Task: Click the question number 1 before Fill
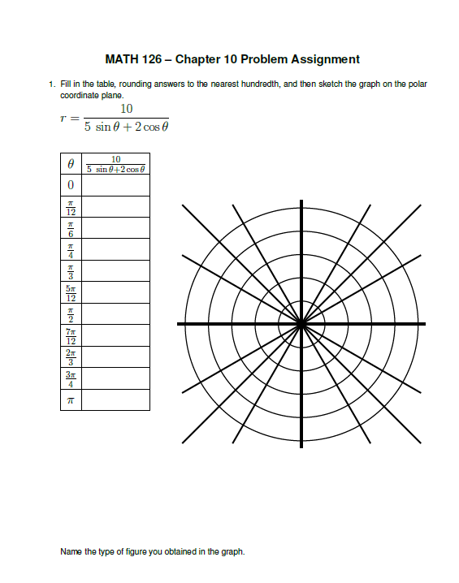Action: [x=51, y=84]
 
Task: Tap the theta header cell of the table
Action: [x=71, y=164]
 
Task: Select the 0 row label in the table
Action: [x=71, y=186]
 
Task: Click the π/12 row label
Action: [x=71, y=207]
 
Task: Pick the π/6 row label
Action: [x=71, y=228]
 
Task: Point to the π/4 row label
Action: [x=71, y=250]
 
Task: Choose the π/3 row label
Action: [x=71, y=271]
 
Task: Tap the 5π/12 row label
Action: [x=71, y=292]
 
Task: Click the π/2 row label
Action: [x=71, y=314]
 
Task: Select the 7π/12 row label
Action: [x=71, y=335]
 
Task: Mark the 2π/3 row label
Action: [x=71, y=356]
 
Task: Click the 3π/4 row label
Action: [x=71, y=378]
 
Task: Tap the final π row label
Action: [x=71, y=399]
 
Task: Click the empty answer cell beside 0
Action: [x=115, y=186]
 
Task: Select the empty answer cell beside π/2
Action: [x=115, y=314]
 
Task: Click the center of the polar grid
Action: [x=301, y=324]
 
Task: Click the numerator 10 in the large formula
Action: [x=126, y=110]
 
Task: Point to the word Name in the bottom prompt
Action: [x=71, y=552]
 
